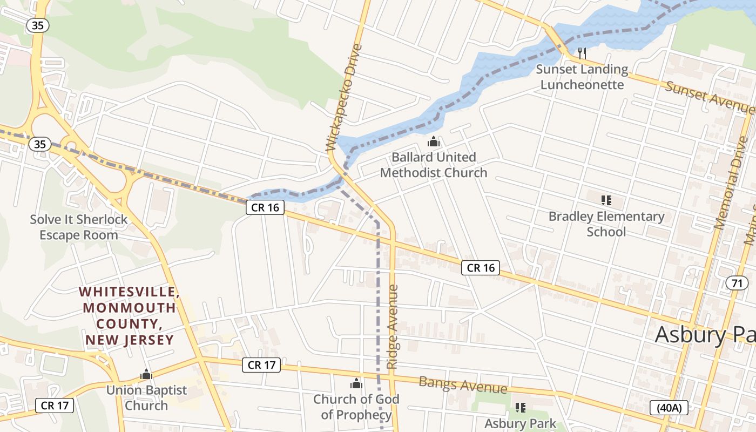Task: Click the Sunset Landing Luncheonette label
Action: coord(582,77)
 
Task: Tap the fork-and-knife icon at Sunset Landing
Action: coord(582,53)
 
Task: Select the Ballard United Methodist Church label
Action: coord(434,165)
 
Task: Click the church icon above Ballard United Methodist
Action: coord(433,142)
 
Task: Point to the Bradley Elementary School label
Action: coord(606,224)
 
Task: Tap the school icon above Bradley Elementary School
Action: coord(606,200)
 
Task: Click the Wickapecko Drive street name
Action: coord(343,97)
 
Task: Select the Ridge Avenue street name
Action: coord(393,327)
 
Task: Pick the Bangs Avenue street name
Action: coord(463,385)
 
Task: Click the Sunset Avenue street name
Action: coord(709,97)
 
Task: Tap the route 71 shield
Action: coord(737,283)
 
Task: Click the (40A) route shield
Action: coord(669,407)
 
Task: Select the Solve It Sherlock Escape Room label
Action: coord(79,227)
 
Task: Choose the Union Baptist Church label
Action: coord(146,397)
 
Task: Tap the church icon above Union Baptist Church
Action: coord(146,374)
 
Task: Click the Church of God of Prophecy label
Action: coord(356,407)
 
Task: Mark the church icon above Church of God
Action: coord(356,383)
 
